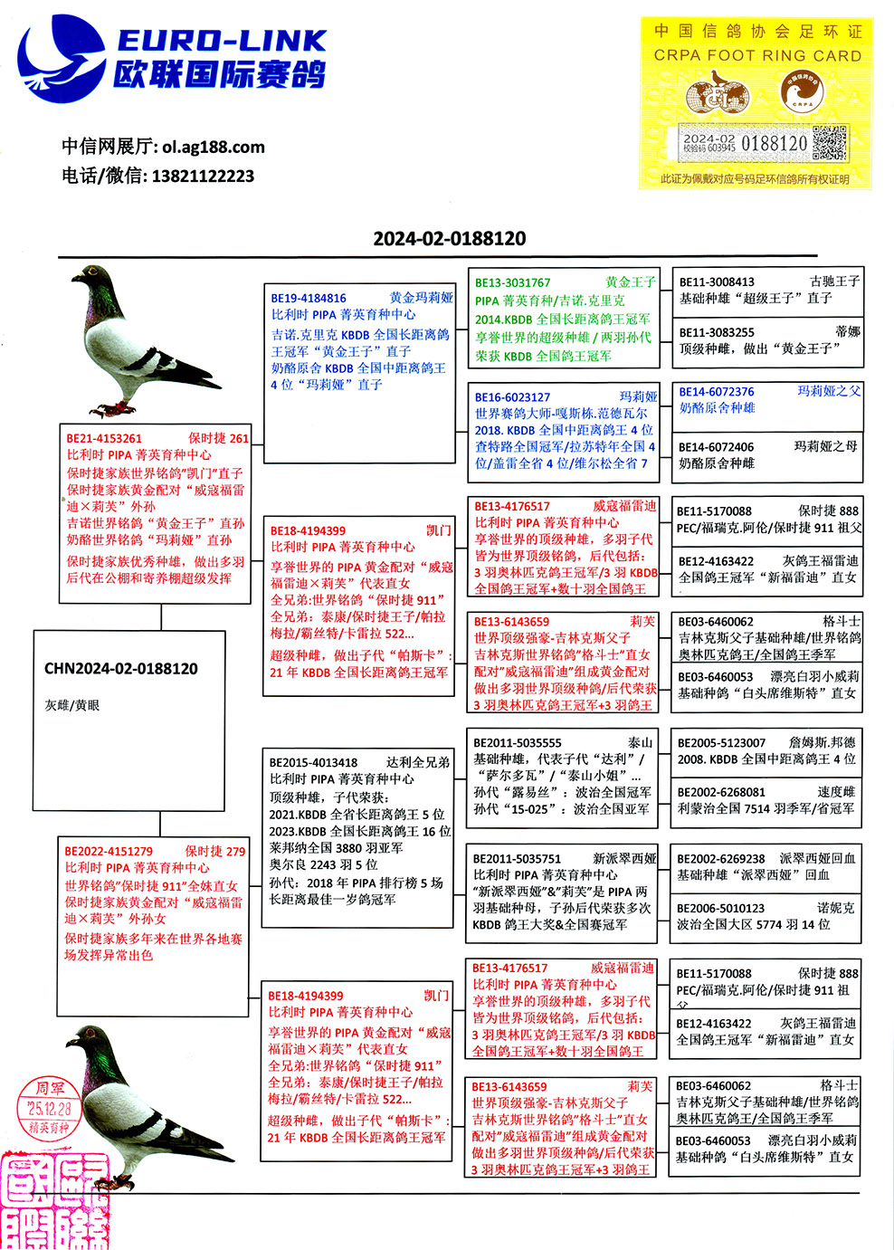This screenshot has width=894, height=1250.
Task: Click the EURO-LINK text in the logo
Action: [x=222, y=41]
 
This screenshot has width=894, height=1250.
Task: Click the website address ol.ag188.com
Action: [x=214, y=147]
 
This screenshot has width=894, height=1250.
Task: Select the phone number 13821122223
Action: [x=203, y=176]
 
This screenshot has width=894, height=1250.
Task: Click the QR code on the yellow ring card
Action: [x=830, y=143]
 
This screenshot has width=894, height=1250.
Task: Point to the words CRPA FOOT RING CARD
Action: [x=757, y=55]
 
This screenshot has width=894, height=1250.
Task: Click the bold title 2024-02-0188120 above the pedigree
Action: [x=450, y=239]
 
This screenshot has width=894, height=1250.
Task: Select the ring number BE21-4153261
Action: [x=104, y=438]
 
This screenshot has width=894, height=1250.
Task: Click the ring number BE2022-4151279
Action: [x=109, y=851]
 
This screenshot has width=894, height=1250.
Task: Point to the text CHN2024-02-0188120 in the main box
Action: [x=121, y=669]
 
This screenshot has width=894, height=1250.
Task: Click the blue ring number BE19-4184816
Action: [x=309, y=298]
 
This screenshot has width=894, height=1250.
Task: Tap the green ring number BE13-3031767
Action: [x=512, y=282]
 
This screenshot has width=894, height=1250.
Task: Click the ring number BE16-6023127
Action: [x=512, y=396]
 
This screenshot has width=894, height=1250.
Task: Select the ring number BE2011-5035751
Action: [x=517, y=858]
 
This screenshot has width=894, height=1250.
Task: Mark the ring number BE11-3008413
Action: [x=717, y=281]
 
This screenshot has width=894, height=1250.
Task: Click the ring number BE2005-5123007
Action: [x=721, y=742]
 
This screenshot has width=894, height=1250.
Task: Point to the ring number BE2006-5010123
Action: [x=720, y=908]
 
